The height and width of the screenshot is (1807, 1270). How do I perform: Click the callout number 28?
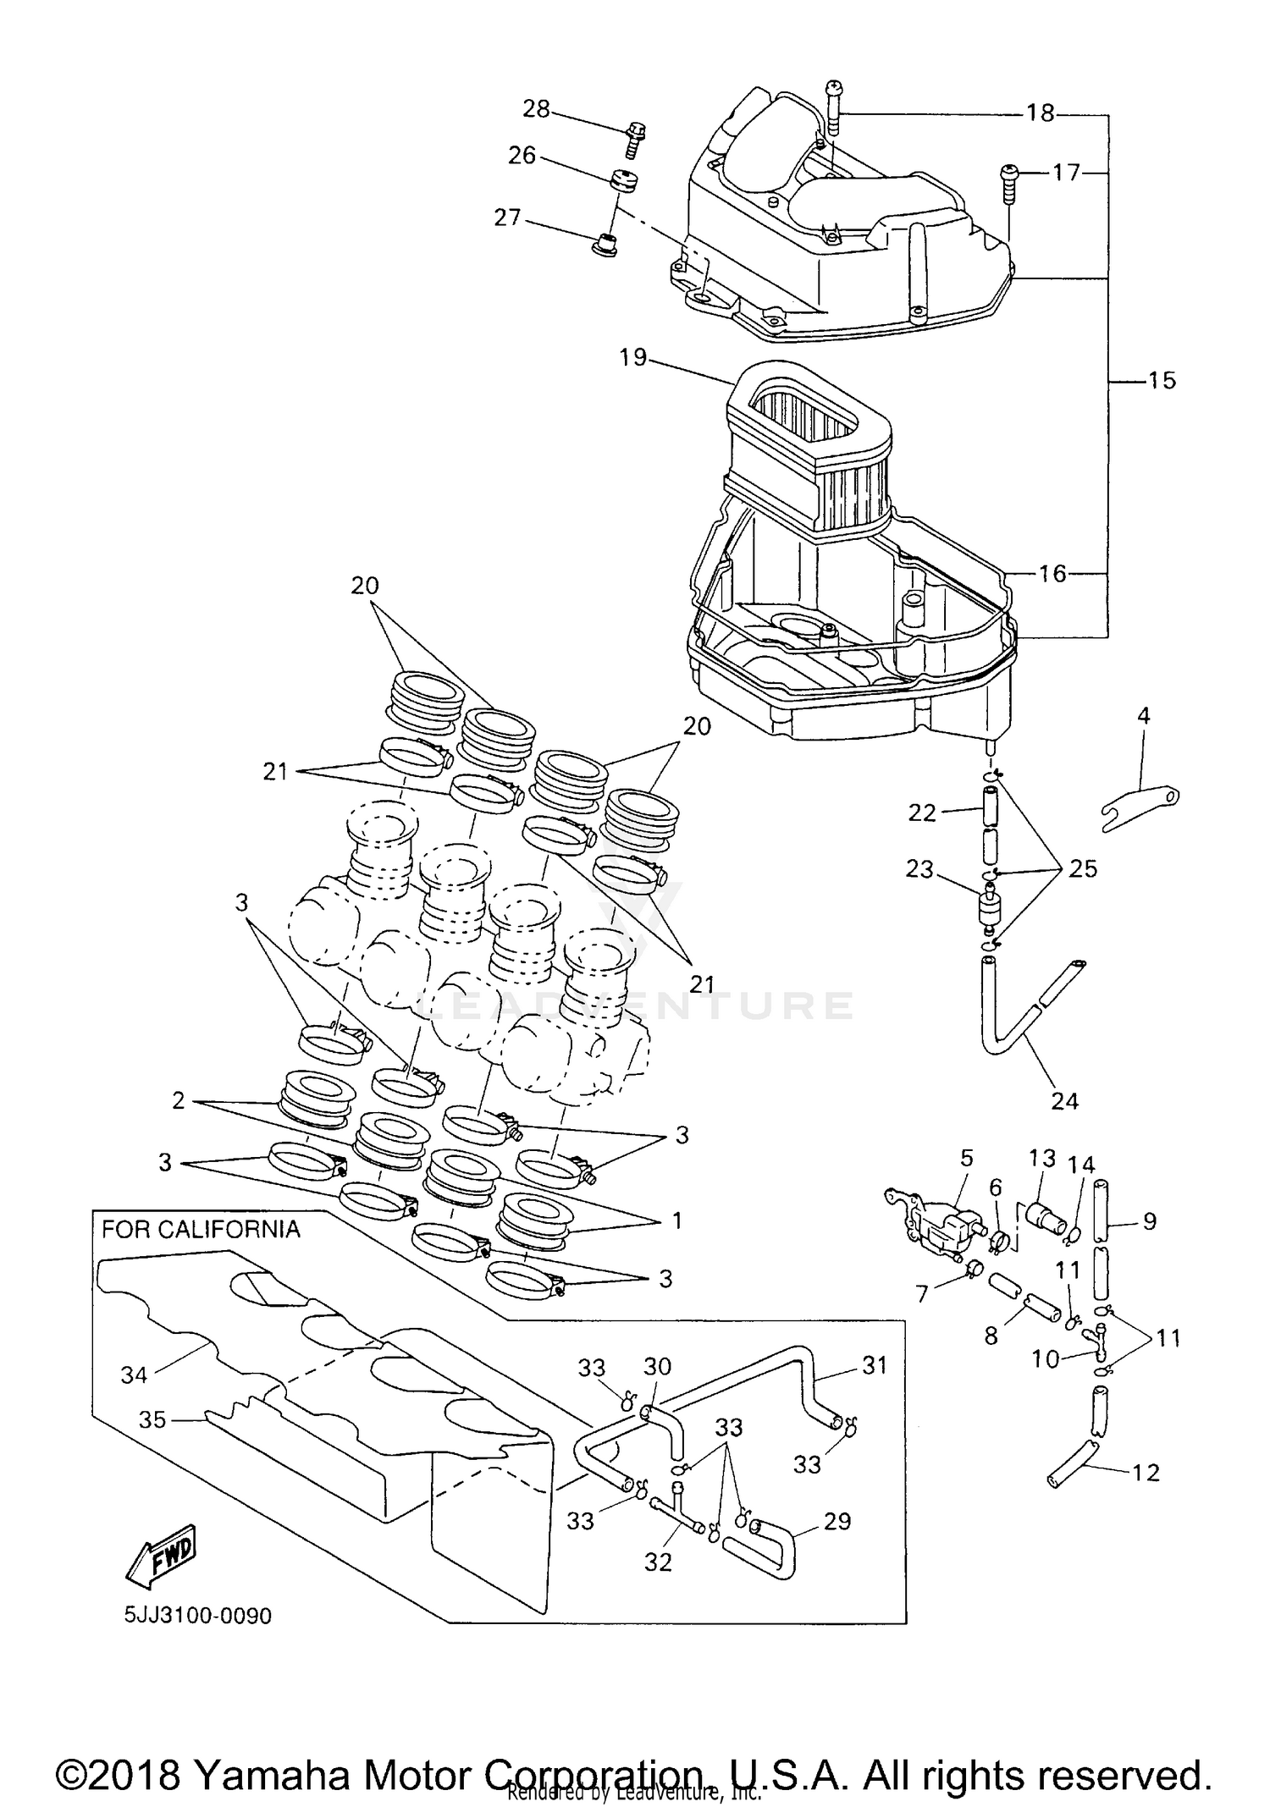click(x=535, y=109)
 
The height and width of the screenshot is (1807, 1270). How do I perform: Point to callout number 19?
click(x=632, y=358)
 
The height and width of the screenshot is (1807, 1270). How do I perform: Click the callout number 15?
click(x=1162, y=381)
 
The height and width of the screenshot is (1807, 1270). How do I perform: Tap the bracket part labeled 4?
click(x=1143, y=802)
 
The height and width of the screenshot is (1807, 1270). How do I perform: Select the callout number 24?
click(x=1064, y=1100)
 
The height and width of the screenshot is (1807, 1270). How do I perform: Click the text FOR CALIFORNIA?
click(x=201, y=1229)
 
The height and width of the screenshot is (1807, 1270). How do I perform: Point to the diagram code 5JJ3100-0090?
click(x=198, y=1617)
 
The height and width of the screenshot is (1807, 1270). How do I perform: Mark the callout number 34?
click(x=134, y=1375)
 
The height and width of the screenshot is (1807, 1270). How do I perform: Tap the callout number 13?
click(x=1042, y=1157)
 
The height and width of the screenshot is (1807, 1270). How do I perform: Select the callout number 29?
click(x=837, y=1521)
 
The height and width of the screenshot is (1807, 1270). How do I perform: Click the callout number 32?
click(x=657, y=1562)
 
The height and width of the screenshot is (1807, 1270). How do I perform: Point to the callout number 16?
click(x=1052, y=574)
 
